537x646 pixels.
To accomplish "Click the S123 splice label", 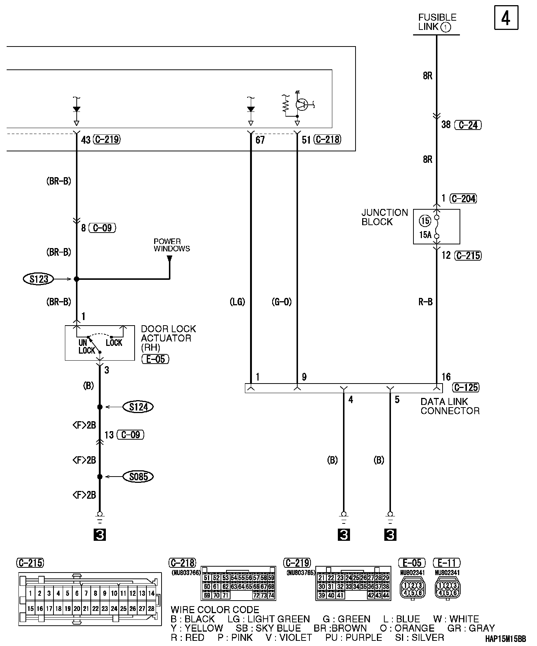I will point(39,279).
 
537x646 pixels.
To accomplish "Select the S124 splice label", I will point(138,407).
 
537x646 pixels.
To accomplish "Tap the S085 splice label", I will point(138,477).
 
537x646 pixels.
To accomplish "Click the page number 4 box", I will point(506,17).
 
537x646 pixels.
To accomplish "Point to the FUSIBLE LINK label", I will point(437,22).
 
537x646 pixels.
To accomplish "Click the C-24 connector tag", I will point(468,125).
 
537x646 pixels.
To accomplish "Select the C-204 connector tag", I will point(464,199).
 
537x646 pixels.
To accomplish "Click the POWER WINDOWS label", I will point(172,245).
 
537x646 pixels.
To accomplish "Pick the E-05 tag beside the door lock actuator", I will point(155,359).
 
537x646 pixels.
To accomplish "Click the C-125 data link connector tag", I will point(466,387).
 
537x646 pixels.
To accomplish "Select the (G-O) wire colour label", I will point(281,302).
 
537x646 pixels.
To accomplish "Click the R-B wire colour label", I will point(425,302).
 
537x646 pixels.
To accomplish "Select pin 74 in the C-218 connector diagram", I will point(271,595).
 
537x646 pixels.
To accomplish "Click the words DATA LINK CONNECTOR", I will point(450,406).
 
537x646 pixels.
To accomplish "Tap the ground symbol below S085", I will point(100,518).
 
